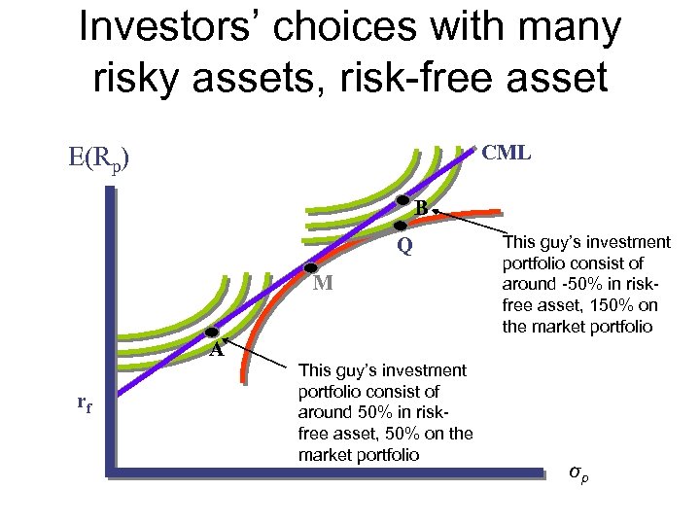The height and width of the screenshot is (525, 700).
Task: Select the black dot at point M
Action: point(311,267)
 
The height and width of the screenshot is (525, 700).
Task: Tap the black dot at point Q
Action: point(399,226)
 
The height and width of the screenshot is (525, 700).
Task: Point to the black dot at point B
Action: point(402,199)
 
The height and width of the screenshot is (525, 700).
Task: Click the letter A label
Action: point(219,352)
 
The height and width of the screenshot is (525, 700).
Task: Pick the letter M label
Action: point(324,284)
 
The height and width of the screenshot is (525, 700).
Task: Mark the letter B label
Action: point(421,207)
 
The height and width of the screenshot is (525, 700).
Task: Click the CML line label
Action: point(507,152)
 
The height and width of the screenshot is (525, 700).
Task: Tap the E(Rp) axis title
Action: point(96,159)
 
